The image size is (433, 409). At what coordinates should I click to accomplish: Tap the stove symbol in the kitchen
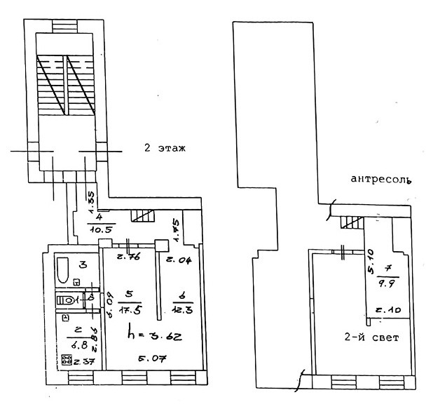tap(67, 361)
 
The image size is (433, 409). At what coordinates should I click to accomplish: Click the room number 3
tap(83, 264)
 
